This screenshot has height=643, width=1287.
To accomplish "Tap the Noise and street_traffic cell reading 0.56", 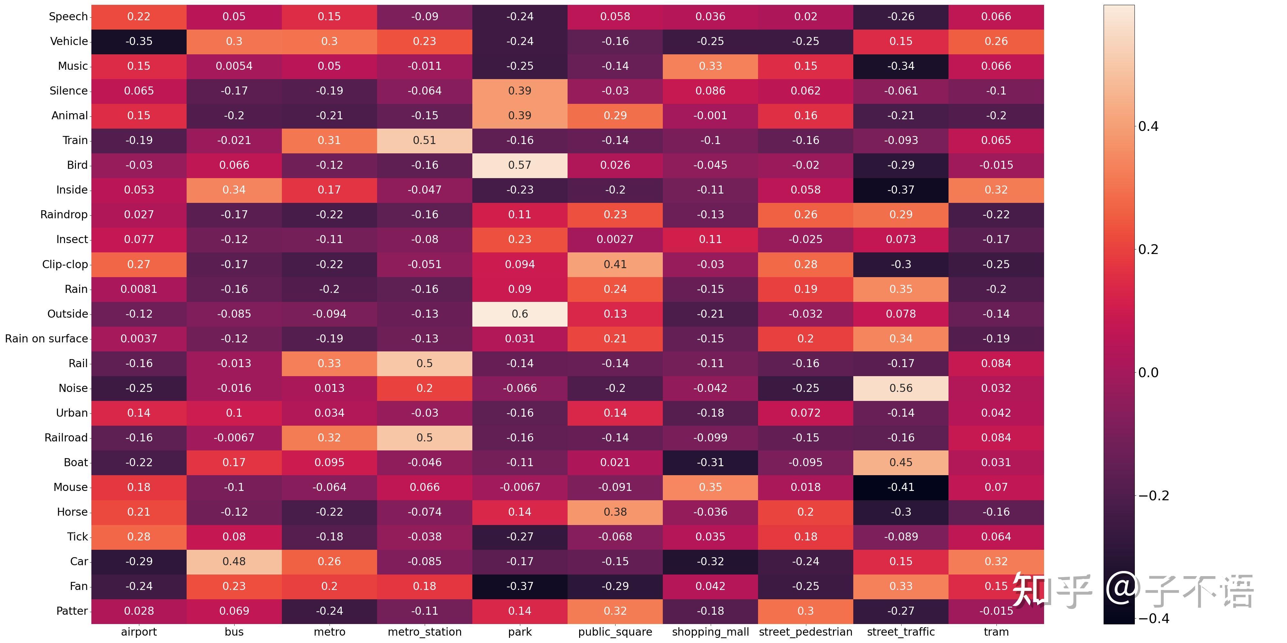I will tap(901, 388).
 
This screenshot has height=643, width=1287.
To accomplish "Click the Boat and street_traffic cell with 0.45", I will tap(901, 463).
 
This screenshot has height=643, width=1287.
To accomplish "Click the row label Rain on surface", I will tap(46, 339).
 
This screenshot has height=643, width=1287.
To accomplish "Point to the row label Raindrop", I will tap(64, 215).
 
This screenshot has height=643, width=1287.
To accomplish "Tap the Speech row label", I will tap(69, 16).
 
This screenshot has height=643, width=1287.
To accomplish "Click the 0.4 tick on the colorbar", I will tap(1148, 126).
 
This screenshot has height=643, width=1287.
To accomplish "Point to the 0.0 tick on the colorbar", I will tap(1148, 372).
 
